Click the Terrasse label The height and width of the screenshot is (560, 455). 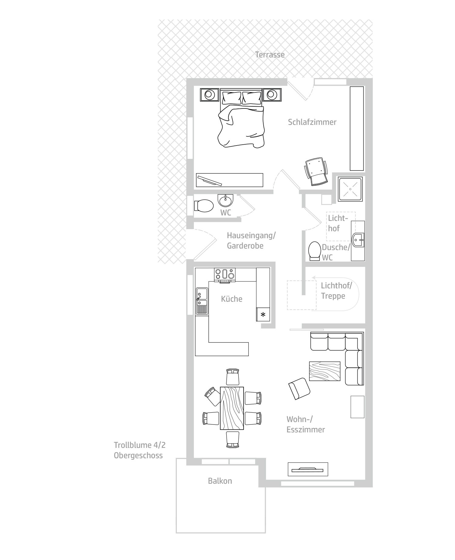pyautogui.click(x=270, y=55)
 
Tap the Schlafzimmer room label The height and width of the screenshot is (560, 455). pyautogui.click(x=312, y=122)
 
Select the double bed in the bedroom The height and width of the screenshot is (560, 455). pyautogui.click(x=241, y=118)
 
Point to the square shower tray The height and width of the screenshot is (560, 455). pyautogui.click(x=350, y=189)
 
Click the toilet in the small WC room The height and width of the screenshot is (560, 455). pyautogui.click(x=204, y=206)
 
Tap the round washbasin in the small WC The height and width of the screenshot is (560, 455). pyautogui.click(x=225, y=201)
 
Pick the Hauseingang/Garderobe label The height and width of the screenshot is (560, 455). pyautogui.click(x=251, y=240)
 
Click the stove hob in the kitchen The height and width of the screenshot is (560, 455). pyautogui.click(x=225, y=275)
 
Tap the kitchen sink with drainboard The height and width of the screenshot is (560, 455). pyautogui.click(x=202, y=301)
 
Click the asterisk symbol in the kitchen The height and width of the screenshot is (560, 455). pyautogui.click(x=263, y=314)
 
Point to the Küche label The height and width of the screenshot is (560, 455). pyautogui.click(x=231, y=299)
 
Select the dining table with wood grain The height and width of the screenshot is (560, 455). pyautogui.click(x=232, y=408)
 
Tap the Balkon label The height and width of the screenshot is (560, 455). pyautogui.click(x=220, y=481)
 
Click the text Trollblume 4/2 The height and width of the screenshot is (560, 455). pyautogui.click(x=140, y=445)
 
